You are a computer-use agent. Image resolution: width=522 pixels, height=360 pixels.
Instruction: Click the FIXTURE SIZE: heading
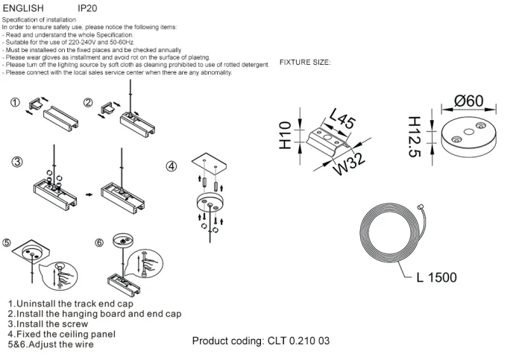[x=305, y=62]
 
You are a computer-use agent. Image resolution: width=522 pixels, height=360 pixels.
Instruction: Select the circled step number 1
[x=15, y=103]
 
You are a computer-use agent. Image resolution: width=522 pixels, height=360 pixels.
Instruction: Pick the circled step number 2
[x=88, y=103]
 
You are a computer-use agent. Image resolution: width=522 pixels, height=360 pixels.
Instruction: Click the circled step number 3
[x=15, y=162]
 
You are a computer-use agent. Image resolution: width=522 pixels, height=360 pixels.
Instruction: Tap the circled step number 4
[x=171, y=165]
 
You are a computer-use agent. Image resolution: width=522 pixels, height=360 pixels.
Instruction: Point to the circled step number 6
[x=98, y=243]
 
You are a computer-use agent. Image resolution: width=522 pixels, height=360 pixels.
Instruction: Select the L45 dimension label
[x=342, y=119]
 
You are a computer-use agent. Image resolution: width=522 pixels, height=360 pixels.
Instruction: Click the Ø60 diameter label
[x=468, y=101]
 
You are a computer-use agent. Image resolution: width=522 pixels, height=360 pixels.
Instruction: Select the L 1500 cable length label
[x=436, y=278]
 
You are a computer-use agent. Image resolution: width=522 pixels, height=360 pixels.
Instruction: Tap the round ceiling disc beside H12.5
[x=468, y=137]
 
